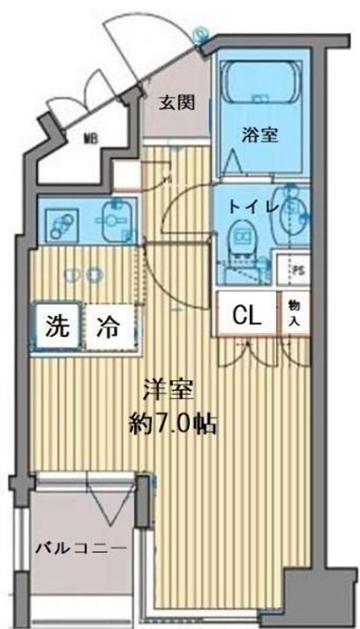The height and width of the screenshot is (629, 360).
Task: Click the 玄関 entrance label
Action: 175,101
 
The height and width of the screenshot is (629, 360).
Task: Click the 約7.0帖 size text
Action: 171,424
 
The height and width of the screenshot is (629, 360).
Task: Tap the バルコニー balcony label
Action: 80,548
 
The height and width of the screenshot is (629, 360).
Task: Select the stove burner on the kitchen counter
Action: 61,223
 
